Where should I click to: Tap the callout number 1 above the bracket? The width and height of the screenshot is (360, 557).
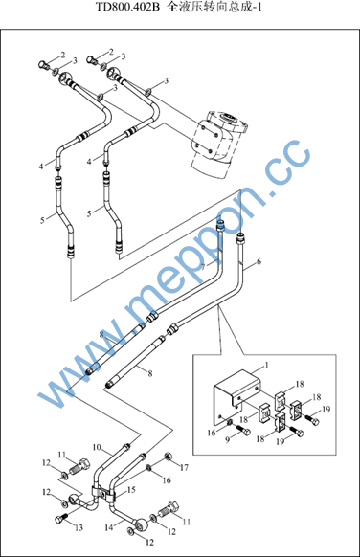pyautogui.click(x=266, y=365)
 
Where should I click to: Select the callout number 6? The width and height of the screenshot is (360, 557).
pyautogui.click(x=259, y=261)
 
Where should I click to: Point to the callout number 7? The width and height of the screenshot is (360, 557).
pyautogui.click(x=203, y=267)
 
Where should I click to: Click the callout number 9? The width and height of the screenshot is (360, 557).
pyautogui.click(x=228, y=440)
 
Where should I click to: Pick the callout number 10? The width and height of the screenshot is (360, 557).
pyautogui.click(x=97, y=447)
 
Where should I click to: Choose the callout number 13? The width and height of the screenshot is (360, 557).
pyautogui.click(x=79, y=527)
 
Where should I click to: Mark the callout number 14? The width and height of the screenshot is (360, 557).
pyautogui.click(x=109, y=528)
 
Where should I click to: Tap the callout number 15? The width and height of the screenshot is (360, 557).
pyautogui.click(x=131, y=490)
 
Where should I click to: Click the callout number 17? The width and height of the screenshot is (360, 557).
pyautogui.click(x=184, y=467)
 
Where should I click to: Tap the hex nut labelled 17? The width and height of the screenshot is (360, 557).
pyautogui.click(x=168, y=456)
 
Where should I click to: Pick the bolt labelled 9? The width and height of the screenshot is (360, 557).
pyautogui.click(x=244, y=431)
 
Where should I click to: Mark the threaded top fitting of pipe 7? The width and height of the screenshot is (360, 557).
pyautogui.click(x=220, y=225)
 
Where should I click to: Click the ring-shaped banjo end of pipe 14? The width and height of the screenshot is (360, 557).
pyautogui.click(x=141, y=523)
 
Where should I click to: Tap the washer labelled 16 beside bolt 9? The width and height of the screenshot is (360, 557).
pyautogui.click(x=230, y=422)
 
